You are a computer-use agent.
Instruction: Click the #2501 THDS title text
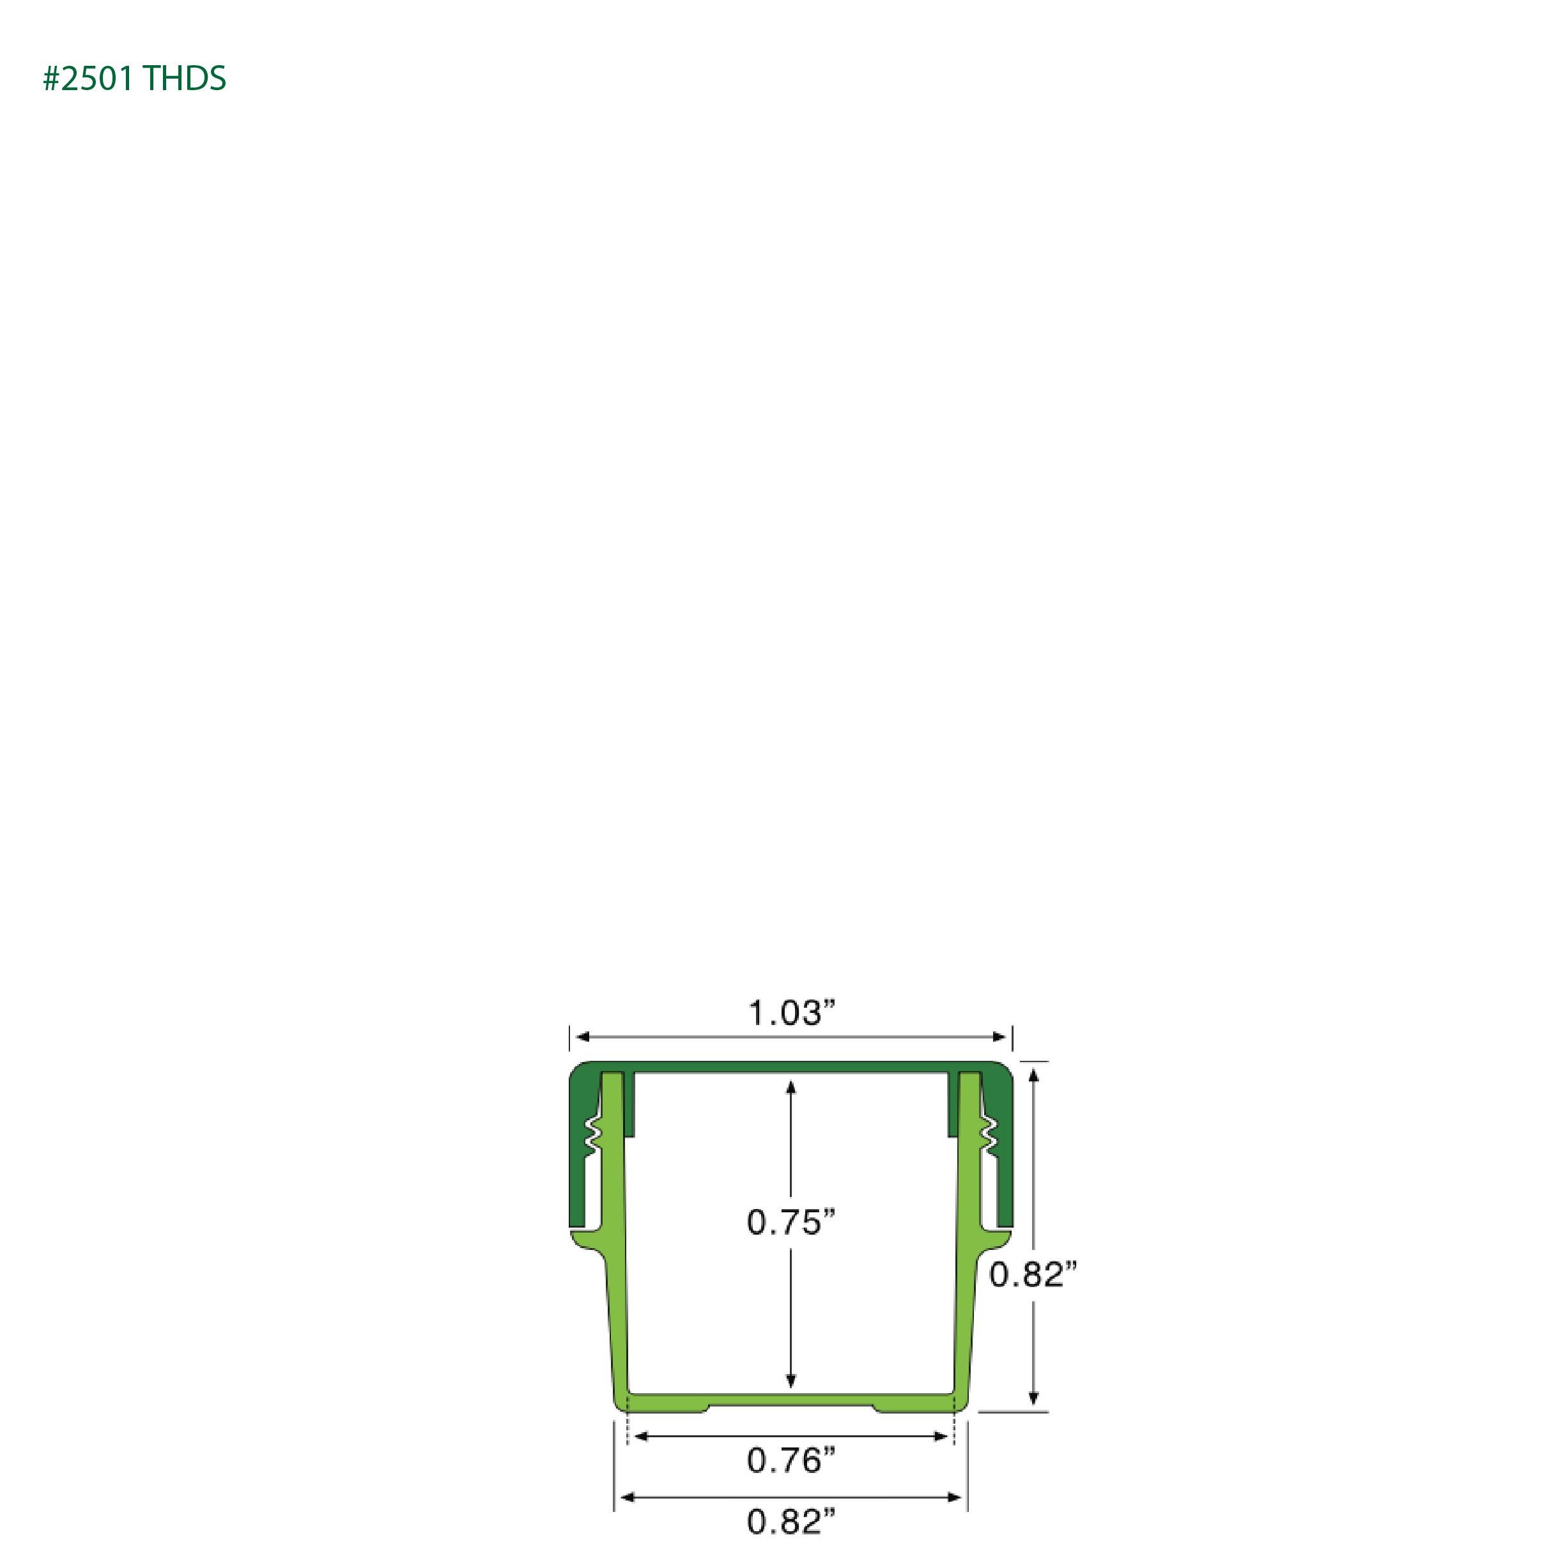[x=135, y=78]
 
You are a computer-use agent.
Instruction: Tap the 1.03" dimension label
[x=791, y=1013]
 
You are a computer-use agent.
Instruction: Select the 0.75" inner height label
[x=791, y=1222]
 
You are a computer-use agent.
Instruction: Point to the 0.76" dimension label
[x=791, y=1460]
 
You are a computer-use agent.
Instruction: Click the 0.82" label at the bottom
[x=791, y=1522]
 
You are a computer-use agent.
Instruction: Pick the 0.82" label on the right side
[x=1033, y=1274]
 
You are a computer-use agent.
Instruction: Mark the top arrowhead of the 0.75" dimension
[x=791, y=1088]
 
